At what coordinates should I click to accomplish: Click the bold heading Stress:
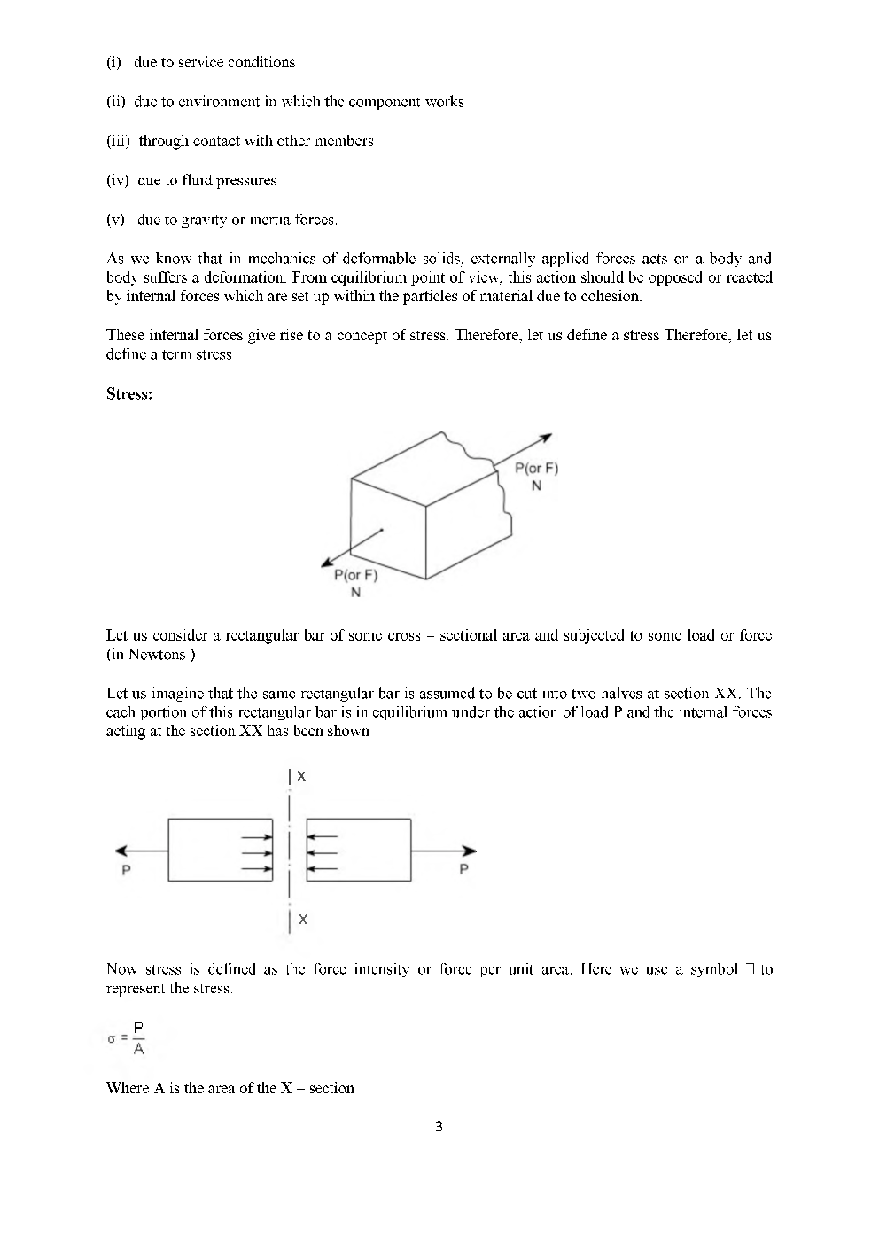point(129,394)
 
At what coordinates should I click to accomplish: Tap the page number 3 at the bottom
point(439,1127)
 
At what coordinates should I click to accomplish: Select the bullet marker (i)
point(113,62)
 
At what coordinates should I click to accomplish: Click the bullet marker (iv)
point(118,181)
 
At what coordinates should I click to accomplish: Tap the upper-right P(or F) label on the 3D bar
point(536,469)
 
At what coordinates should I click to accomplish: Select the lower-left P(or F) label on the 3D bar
point(354,575)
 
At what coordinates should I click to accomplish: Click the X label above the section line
point(301,776)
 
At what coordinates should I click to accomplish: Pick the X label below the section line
point(302,920)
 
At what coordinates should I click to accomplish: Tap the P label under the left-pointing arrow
point(126,870)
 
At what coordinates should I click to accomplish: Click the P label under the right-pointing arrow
point(464,870)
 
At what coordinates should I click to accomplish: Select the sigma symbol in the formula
point(112,1039)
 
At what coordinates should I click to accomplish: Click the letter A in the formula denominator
point(138,1050)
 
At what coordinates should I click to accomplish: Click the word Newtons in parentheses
point(159,655)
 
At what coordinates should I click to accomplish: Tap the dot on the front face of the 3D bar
point(382,531)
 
